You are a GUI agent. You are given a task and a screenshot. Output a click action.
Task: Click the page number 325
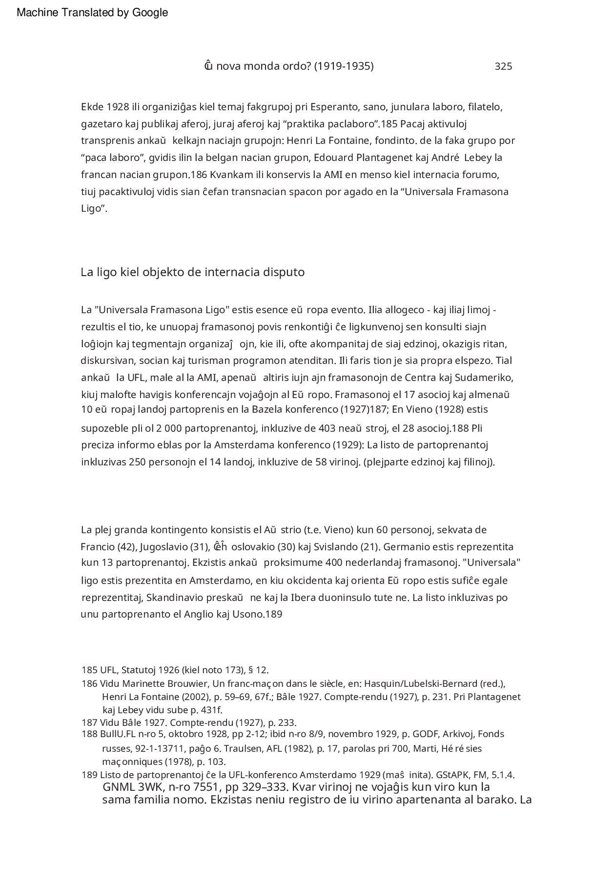click(x=503, y=66)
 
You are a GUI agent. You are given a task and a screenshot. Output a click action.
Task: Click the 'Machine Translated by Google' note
click(x=92, y=13)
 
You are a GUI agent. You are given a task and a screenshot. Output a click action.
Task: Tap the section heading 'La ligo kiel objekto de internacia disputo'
click(x=192, y=272)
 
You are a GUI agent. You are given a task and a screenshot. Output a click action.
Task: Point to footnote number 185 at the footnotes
click(x=89, y=670)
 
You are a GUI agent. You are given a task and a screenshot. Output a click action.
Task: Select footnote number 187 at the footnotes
click(x=89, y=722)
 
